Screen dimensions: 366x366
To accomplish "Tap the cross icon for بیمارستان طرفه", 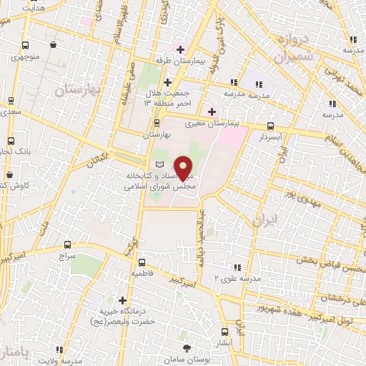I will pyautogui.click(x=181, y=50).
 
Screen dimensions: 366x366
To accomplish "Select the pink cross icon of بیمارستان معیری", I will pyautogui.click(x=211, y=112).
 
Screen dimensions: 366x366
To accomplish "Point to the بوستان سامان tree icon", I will pyautogui.click(x=187, y=347).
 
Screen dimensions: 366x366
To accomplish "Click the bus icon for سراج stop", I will pyautogui.click(x=68, y=244).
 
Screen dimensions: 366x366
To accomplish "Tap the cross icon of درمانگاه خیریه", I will pyautogui.click(x=123, y=301).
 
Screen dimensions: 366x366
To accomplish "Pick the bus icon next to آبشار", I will pyautogui.click(x=224, y=332).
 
